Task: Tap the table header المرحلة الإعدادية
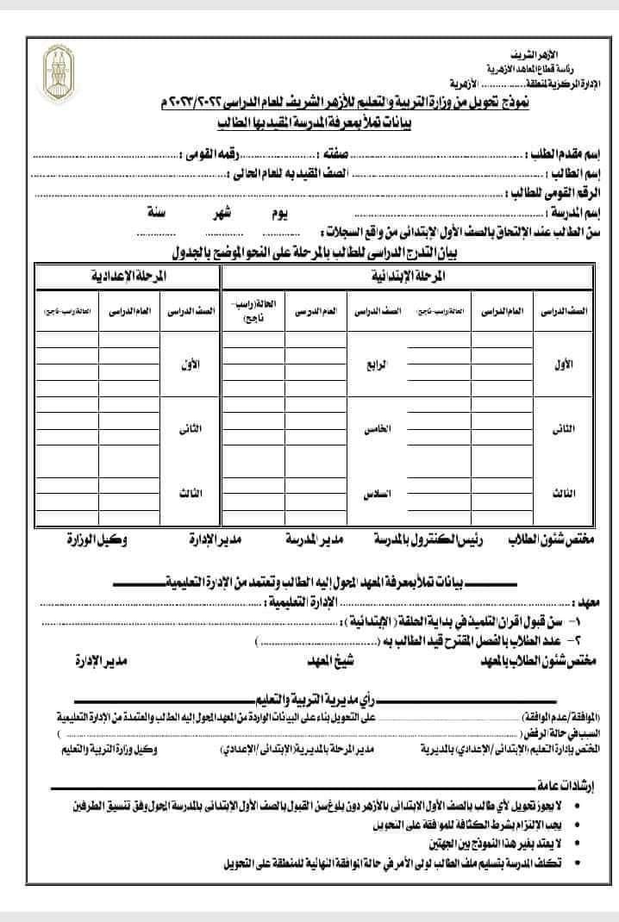click(128, 277)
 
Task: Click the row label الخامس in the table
click(376, 429)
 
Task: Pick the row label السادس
click(376, 495)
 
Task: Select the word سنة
click(157, 211)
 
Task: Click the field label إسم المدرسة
click(574, 211)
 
